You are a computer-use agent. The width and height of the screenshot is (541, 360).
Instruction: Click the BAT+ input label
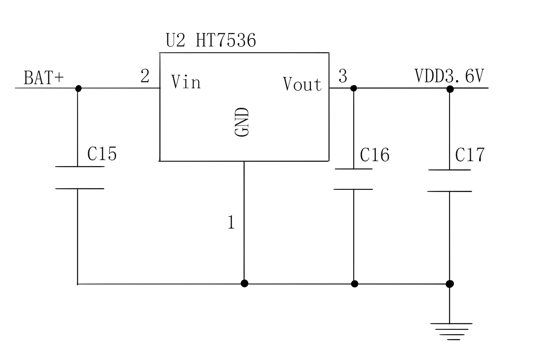pos(44,78)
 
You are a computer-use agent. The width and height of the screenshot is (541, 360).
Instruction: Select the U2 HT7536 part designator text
pos(211,40)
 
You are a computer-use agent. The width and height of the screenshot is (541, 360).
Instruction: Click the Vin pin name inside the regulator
pos(186,82)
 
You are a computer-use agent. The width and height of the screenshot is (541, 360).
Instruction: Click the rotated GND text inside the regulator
pos(242,122)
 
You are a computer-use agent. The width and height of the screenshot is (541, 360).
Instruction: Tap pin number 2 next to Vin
pos(145,76)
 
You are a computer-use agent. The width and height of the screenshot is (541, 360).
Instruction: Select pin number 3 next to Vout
pos(343,76)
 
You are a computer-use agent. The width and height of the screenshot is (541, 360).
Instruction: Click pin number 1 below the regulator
pos(231,222)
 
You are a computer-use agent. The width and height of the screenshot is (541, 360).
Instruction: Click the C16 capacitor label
pos(375,155)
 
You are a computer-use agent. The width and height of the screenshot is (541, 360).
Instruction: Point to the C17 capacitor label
pos(470,155)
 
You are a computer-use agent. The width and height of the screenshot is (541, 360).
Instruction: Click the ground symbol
pos(451,331)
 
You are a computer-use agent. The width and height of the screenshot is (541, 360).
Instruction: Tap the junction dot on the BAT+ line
pos(78,88)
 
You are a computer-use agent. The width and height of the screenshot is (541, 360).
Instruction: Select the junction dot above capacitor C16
pos(354,88)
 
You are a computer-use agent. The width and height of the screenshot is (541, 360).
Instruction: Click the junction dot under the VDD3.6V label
pos(450,89)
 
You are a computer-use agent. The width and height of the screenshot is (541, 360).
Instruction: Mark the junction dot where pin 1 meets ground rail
pos(244,283)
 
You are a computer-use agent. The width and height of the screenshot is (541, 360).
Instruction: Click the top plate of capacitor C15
pos(80,167)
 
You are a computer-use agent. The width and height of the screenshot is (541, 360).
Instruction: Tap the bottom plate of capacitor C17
pos(450,191)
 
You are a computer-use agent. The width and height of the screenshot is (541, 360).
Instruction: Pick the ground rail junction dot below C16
pos(354,284)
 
